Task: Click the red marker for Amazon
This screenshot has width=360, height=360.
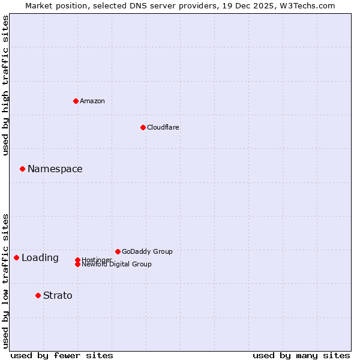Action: (76, 101)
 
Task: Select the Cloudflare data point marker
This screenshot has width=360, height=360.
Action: (143, 127)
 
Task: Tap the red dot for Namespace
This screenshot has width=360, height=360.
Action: (22, 169)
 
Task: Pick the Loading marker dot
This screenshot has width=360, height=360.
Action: (16, 257)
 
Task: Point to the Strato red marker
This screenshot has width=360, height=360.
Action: (38, 295)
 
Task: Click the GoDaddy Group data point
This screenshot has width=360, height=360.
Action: (118, 251)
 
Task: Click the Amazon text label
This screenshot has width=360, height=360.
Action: (92, 101)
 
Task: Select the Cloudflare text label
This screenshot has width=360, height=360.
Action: (163, 127)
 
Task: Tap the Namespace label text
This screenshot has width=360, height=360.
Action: (55, 169)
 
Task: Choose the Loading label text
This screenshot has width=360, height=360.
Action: (40, 258)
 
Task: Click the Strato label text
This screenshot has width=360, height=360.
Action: (58, 296)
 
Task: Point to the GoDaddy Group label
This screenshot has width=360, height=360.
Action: (147, 251)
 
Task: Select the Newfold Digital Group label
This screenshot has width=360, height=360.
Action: (117, 265)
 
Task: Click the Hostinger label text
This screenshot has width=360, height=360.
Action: (97, 259)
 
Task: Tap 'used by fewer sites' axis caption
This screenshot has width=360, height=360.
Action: (62, 355)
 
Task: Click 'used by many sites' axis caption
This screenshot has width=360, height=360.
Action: (301, 355)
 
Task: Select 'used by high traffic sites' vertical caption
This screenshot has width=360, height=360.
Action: (5, 85)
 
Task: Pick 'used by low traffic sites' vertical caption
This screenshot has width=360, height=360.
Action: (5, 280)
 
